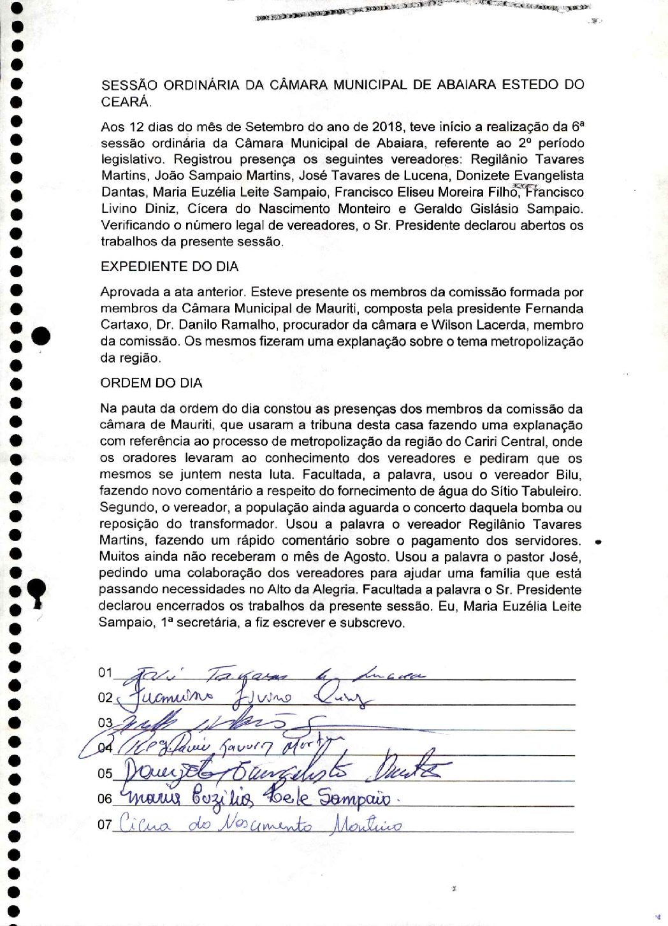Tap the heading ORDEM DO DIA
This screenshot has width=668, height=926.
tap(151, 383)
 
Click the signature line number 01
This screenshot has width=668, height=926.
tap(105, 673)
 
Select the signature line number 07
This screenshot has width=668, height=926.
tap(105, 825)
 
